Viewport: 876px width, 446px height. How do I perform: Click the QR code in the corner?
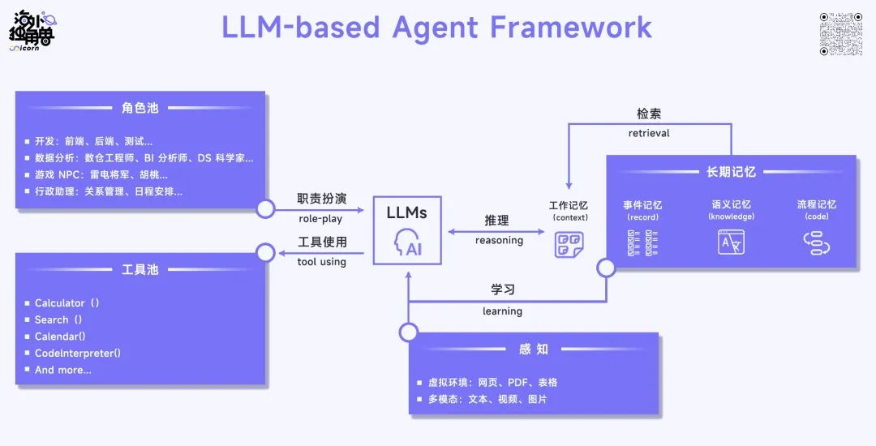click(841, 34)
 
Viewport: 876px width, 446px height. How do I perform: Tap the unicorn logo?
click(32, 32)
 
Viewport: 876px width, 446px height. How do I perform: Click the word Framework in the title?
click(570, 28)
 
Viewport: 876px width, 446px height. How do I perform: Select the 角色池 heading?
click(140, 108)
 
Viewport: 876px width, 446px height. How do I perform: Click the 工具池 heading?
click(140, 269)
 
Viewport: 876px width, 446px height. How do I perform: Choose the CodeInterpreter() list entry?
click(78, 353)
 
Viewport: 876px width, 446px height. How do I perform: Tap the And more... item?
click(62, 370)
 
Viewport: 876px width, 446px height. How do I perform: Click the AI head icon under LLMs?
click(407, 242)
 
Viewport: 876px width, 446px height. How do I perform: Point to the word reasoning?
click(499, 241)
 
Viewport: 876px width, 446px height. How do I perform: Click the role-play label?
click(320, 219)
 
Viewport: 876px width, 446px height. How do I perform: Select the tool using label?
click(321, 262)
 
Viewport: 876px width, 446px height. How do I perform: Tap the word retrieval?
click(649, 133)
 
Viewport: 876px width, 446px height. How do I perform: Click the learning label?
click(502, 311)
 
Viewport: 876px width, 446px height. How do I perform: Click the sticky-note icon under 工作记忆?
click(569, 245)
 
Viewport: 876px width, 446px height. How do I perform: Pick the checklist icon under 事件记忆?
click(642, 242)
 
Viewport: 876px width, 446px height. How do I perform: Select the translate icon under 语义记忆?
click(731, 242)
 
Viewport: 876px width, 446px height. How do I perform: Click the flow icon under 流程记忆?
click(816, 243)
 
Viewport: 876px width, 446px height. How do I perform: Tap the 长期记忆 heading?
click(731, 172)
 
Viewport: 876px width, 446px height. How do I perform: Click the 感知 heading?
click(534, 350)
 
